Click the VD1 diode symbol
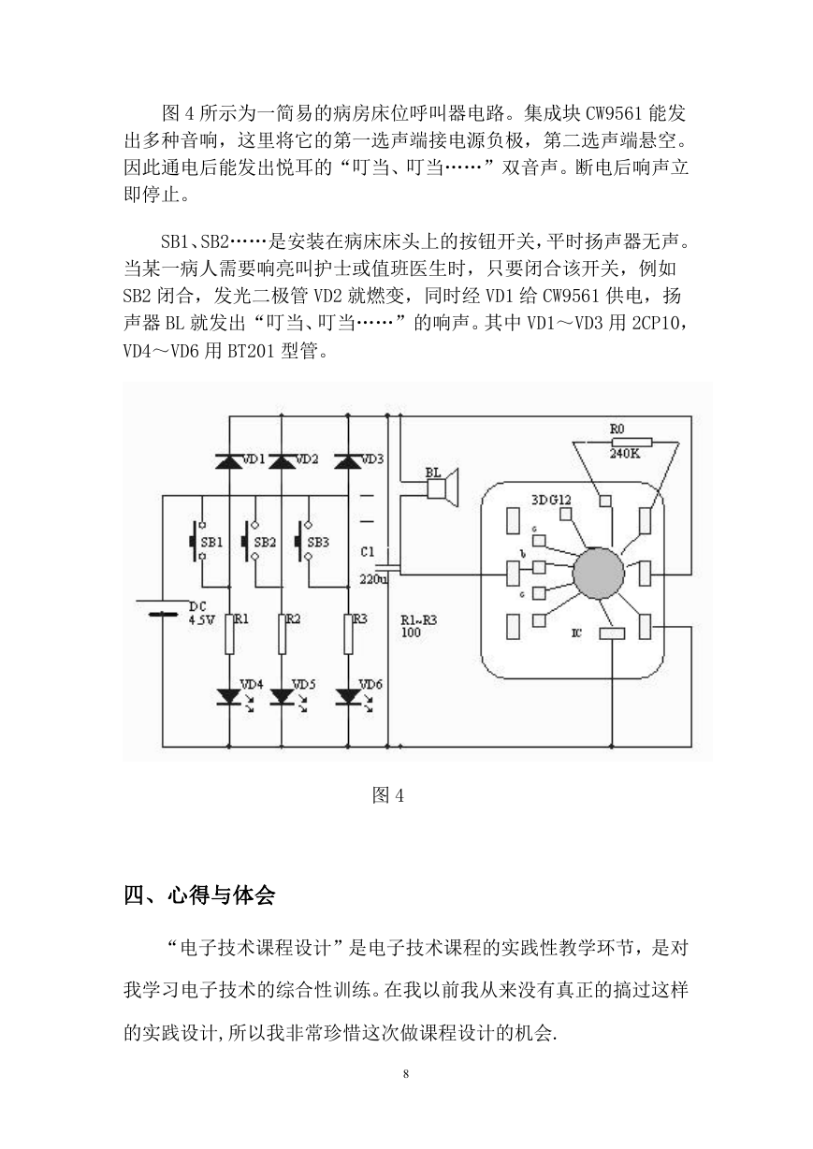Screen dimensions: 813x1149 229,461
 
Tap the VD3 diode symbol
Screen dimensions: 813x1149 348,461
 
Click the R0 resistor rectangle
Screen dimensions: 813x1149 632,443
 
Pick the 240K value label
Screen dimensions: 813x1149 625,454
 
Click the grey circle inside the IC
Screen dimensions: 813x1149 599,573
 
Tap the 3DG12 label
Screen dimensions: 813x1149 551,499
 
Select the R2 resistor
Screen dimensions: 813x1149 282,634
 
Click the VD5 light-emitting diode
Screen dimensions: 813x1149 282,696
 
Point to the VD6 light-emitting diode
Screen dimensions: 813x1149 348,696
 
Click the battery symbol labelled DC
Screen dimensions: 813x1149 162,607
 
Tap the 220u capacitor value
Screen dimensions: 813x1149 373,579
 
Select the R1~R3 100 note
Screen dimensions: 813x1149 418,626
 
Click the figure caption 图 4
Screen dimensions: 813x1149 388,795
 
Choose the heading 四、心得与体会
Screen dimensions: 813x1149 199,895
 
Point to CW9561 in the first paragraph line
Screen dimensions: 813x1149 615,113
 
